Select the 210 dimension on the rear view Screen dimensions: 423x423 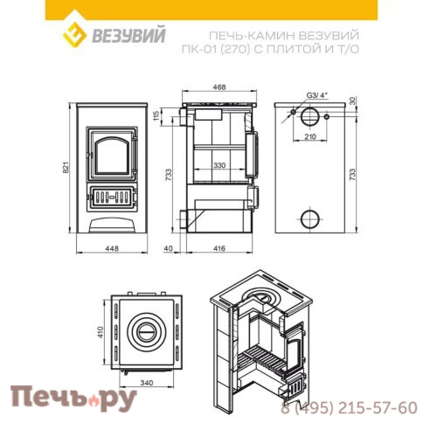click(x=310, y=138)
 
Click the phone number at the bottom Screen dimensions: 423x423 click(x=349, y=407)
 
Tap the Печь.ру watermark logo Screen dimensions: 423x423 click(x=73, y=398)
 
